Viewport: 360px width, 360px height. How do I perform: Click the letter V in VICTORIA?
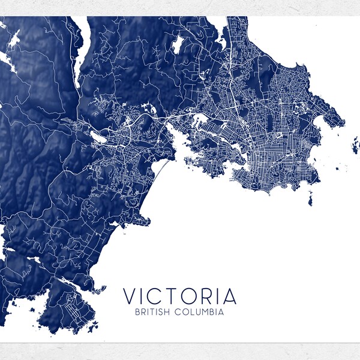[130, 296]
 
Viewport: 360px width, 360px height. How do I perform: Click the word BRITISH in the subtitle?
[155, 312]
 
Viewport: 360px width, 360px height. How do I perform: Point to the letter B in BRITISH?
[138, 312]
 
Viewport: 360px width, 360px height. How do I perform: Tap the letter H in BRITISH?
[172, 312]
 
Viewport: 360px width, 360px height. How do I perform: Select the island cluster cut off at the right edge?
[354, 144]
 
